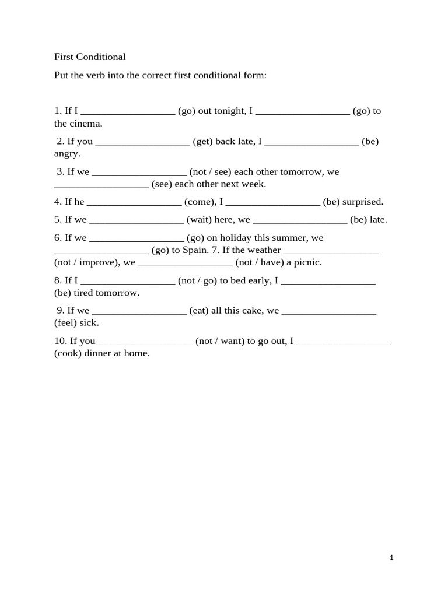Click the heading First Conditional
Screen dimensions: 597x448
pos(90,57)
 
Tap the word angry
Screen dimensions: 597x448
pos(66,154)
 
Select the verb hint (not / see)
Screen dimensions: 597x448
pos(210,172)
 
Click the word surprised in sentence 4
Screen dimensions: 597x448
pos(363,202)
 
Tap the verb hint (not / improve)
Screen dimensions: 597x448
pos(87,262)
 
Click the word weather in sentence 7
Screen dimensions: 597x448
pos(262,250)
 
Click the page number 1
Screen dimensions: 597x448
pos(392,558)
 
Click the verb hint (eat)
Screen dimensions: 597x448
pos(199,311)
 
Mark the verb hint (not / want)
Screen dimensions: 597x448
pos(220,341)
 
